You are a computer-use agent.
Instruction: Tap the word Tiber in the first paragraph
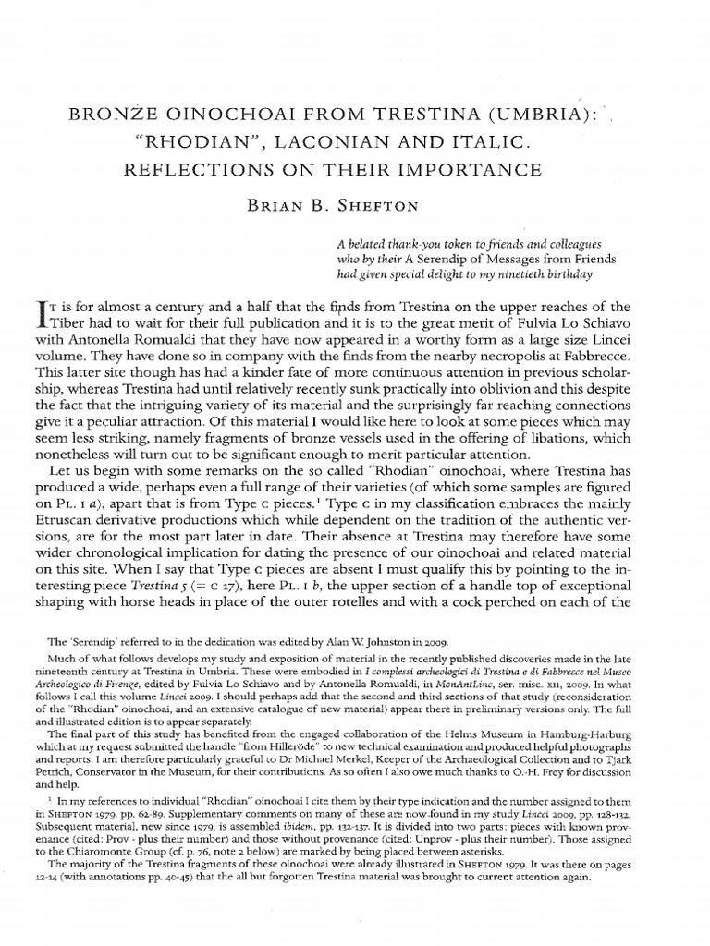tap(64, 325)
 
